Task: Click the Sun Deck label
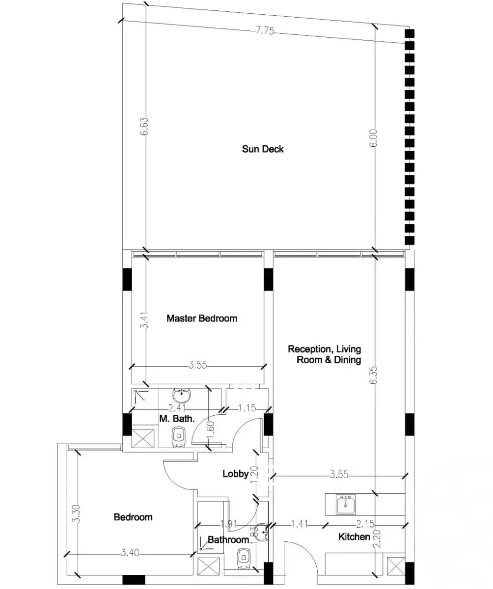point(263,149)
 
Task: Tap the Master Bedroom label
point(201,319)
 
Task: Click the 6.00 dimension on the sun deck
point(374,138)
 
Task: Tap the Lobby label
point(235,474)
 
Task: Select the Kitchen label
point(354,537)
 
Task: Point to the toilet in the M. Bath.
point(179,436)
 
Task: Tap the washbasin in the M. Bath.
point(182,394)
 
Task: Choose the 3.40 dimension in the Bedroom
point(130,553)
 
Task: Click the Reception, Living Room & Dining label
point(325,354)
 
